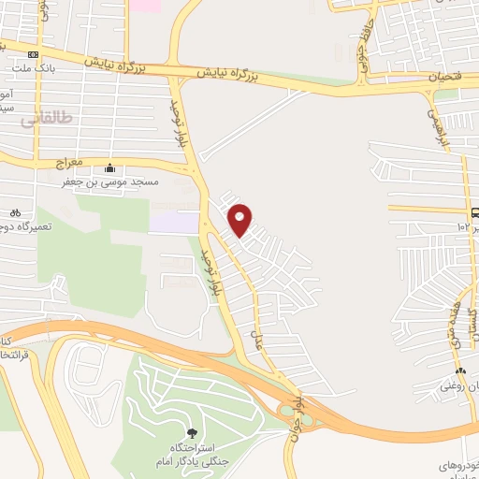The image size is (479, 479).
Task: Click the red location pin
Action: coord(240,218)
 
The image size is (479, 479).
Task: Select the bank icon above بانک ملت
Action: coord(33,54)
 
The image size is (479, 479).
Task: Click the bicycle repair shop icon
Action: coord(15,212)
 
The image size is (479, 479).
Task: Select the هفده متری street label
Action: coord(453,318)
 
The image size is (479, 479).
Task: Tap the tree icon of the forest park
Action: coord(192,433)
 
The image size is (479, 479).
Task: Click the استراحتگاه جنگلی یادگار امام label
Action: coord(191,455)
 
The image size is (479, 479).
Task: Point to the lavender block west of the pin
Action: coord(174,222)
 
